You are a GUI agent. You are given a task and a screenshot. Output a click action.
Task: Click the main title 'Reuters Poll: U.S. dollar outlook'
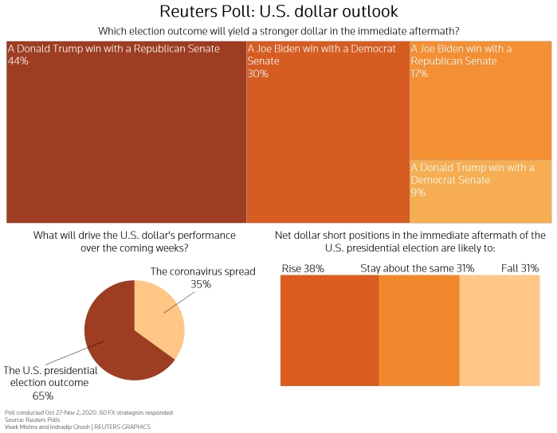tap(278, 12)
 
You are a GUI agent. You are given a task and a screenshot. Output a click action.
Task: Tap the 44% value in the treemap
tap(18, 61)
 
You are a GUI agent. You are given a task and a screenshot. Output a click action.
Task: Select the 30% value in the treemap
tap(257, 73)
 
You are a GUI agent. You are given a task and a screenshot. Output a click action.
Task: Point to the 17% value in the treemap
tap(420, 73)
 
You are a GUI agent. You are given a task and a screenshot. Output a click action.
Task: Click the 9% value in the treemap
tap(418, 193)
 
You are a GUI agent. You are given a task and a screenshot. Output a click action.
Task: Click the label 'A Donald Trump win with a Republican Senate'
tap(113, 49)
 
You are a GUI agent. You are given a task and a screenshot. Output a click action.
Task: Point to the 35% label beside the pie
tap(202, 283)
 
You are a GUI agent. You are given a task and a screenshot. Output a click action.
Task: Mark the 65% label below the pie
tap(42, 396)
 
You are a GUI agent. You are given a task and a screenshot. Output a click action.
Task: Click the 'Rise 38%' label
tap(303, 268)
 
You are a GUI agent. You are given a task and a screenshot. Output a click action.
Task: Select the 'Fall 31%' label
tap(520, 268)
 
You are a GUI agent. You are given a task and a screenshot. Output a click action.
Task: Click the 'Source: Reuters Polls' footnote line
tap(26, 419)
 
